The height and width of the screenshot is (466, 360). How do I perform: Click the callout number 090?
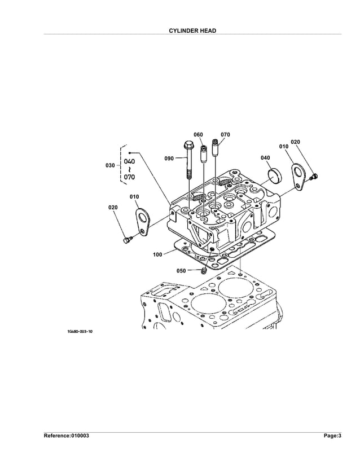[169, 159]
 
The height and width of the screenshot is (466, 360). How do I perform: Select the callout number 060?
[198, 135]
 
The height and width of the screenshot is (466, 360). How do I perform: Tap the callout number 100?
[157, 254]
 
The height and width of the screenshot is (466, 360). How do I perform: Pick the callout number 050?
[181, 271]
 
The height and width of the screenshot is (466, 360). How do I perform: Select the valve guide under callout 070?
[215, 148]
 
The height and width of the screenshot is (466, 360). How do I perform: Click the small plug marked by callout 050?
[204, 272]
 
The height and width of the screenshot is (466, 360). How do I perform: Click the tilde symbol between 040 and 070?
[129, 169]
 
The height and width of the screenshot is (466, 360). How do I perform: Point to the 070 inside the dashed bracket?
[129, 177]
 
